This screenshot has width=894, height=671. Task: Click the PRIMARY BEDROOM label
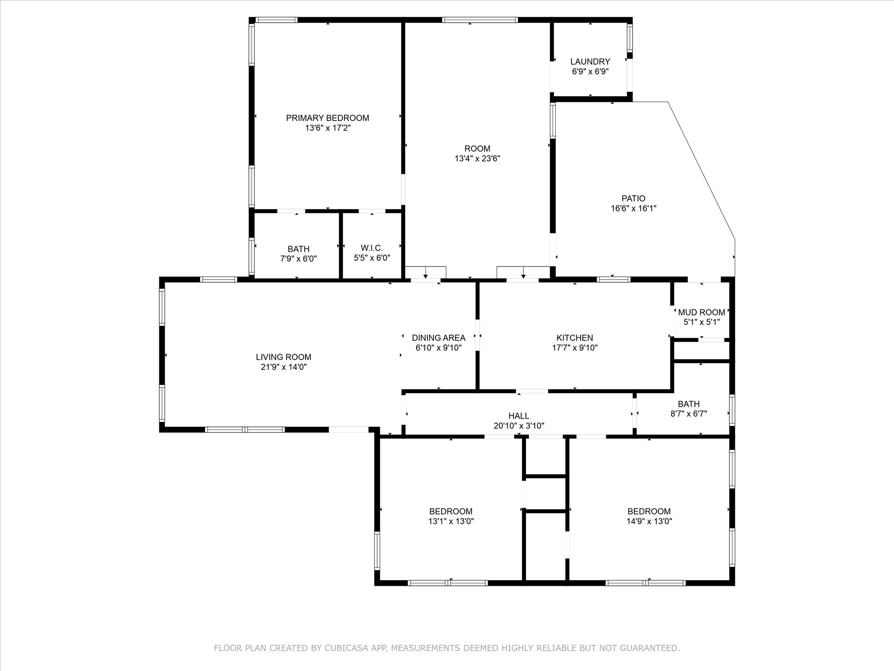coord(327,118)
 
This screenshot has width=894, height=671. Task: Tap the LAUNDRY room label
coord(590,62)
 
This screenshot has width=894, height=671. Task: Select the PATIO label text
coord(633,198)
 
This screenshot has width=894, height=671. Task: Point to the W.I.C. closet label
coord(372,248)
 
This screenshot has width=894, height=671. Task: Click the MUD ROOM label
coord(701,312)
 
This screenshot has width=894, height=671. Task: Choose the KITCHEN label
coord(575,338)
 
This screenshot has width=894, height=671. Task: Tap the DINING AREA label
coord(439,338)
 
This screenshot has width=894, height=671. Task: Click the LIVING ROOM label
coord(284,357)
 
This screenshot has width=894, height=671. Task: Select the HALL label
coord(519,416)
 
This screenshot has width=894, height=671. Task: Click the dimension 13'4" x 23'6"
coord(478,159)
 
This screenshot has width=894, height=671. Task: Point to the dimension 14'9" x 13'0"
coord(649,521)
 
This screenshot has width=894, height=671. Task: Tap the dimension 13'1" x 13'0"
coord(451,521)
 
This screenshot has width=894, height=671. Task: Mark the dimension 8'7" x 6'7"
coord(689,413)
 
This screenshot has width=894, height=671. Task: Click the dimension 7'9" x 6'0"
coord(299,259)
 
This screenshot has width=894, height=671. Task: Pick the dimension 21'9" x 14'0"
coord(284,367)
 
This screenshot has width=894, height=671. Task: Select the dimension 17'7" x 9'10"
coord(575,348)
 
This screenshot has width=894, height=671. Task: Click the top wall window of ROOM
coord(480,20)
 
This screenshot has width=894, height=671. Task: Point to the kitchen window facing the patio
coord(613,280)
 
